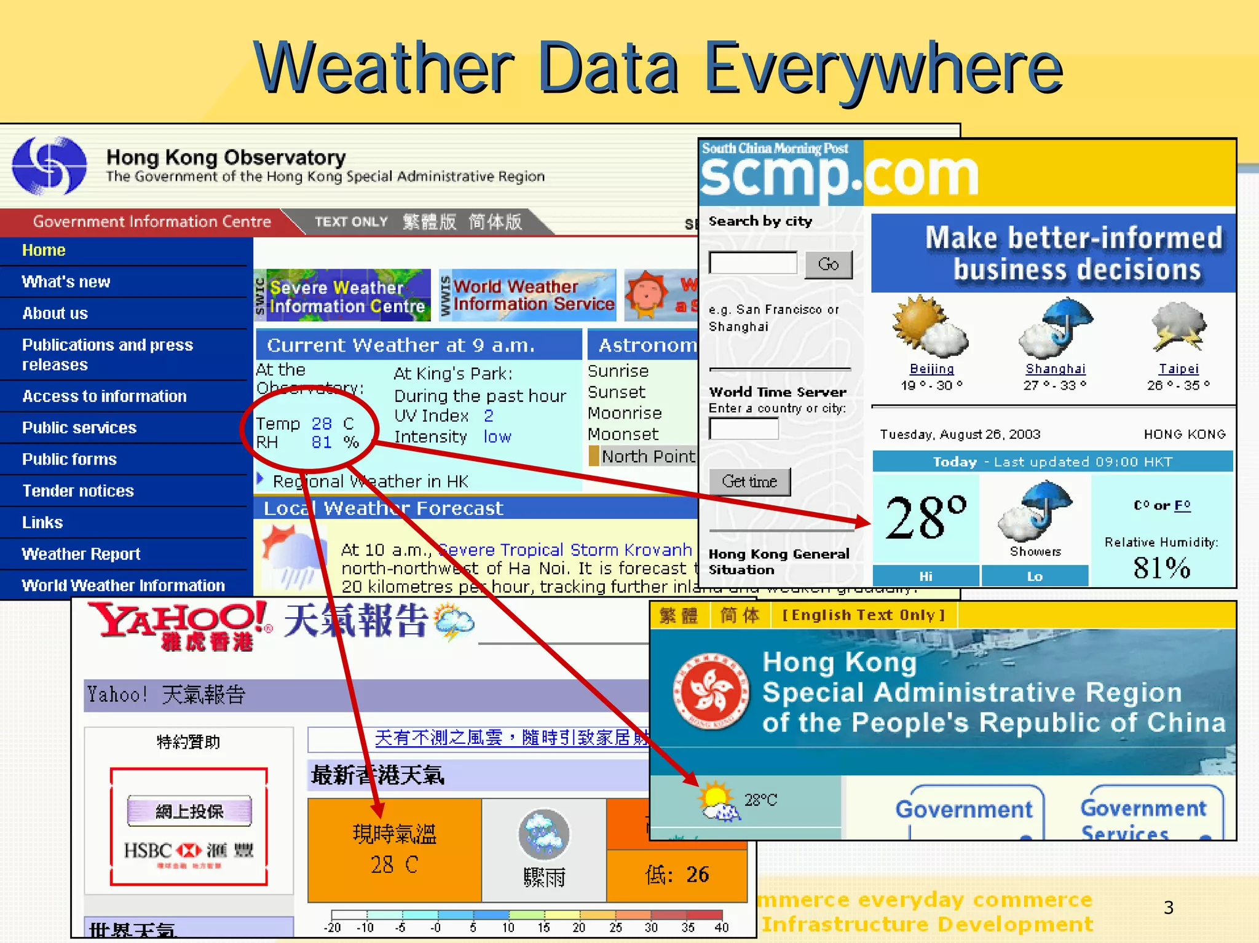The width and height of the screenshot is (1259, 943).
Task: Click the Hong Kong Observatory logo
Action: pyautogui.click(x=49, y=165)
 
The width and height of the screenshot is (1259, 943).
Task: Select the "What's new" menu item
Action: pyautogui.click(x=66, y=282)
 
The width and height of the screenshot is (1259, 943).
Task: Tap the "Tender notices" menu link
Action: pyautogui.click(x=78, y=491)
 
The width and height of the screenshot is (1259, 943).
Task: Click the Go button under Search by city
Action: pyautogui.click(x=828, y=264)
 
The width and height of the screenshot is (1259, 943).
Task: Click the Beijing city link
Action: pyautogui.click(x=931, y=369)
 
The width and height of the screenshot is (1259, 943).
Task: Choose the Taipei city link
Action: pyautogui.click(x=1178, y=369)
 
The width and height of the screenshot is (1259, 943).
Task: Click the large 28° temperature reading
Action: pyautogui.click(x=925, y=518)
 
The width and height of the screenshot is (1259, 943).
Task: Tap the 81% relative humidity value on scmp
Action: pyautogui.click(x=1161, y=567)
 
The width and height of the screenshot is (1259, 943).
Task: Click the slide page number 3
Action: pyautogui.click(x=1169, y=907)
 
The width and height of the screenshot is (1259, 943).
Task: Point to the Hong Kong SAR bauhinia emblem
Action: pyautogui.click(x=711, y=692)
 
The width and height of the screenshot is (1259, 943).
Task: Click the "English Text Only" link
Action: pyautogui.click(x=863, y=615)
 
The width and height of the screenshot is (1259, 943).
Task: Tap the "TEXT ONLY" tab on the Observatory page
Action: pyautogui.click(x=351, y=222)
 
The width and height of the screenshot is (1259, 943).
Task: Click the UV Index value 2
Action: pyautogui.click(x=489, y=416)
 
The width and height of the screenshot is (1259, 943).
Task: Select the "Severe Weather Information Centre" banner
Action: pyautogui.click(x=343, y=296)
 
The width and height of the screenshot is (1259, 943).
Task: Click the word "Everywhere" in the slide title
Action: pyautogui.click(x=883, y=69)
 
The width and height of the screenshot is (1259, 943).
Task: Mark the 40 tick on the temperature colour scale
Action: pyautogui.click(x=722, y=927)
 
